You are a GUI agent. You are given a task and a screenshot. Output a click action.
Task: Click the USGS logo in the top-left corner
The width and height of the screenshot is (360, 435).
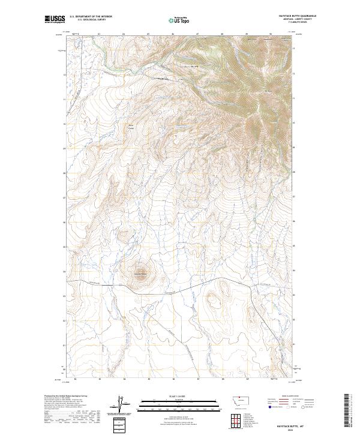(x=55, y=20)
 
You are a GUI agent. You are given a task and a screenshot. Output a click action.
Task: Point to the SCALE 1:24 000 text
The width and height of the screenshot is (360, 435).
(x=179, y=394)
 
